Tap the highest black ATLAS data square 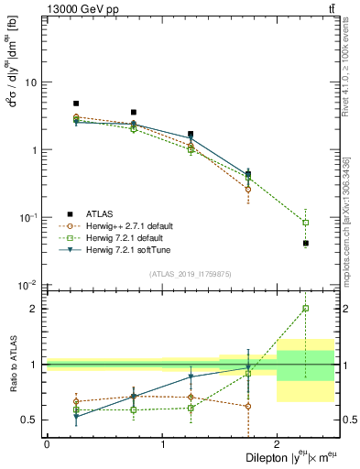[x=76, y=104]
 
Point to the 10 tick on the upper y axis [x=30, y=82]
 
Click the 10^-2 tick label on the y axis [x=27, y=285]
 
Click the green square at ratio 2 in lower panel [x=306, y=309]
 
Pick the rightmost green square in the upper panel [x=306, y=223]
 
